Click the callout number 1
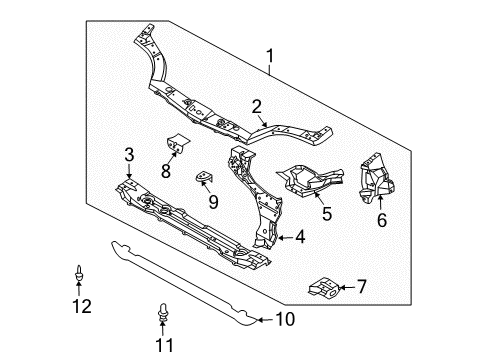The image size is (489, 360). (268, 57)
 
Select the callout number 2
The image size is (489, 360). (257, 107)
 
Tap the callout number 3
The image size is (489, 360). (129, 153)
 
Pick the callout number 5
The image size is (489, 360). (326, 212)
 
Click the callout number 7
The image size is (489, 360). (361, 287)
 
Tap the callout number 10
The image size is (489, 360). (286, 320)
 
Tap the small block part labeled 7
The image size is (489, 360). (323, 287)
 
